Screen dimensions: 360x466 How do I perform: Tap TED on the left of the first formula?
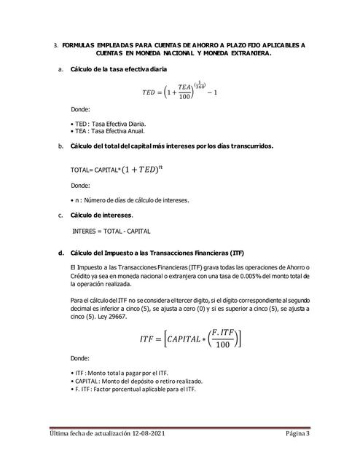pyautogui.click(x=149, y=94)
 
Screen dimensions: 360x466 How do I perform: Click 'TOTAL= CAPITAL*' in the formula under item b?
pyautogui.click(x=93, y=170)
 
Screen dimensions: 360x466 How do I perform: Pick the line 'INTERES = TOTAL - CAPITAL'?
pyautogui.click(x=111, y=231)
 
